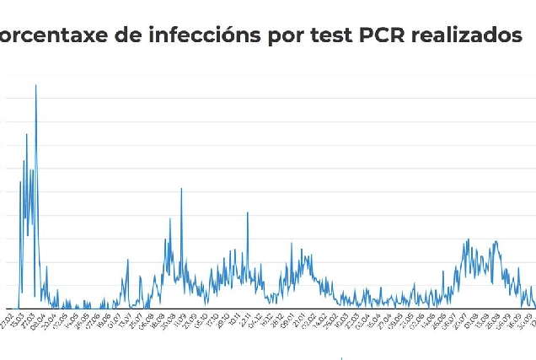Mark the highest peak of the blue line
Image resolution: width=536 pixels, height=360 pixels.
click(35, 85)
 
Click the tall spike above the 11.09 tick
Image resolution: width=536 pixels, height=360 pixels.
click(181, 189)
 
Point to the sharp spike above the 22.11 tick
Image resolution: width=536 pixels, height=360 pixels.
click(247, 212)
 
